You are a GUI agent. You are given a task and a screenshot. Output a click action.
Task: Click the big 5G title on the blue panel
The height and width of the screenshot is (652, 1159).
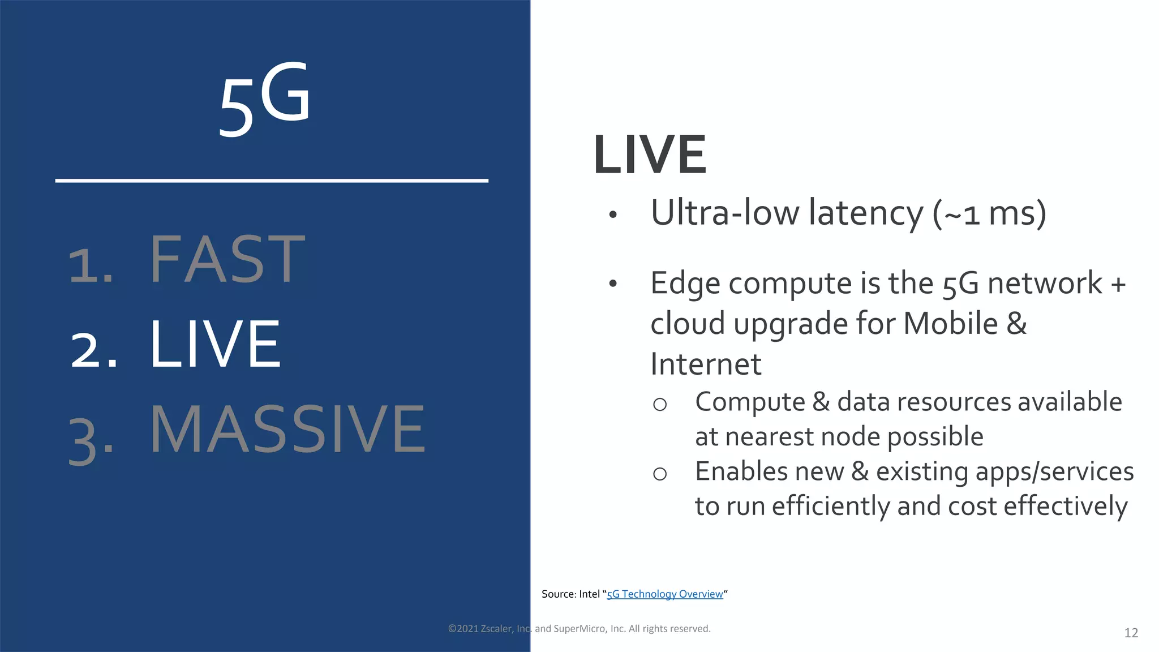point(265,100)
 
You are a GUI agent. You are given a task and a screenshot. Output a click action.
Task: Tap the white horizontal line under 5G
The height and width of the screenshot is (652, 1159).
point(272,181)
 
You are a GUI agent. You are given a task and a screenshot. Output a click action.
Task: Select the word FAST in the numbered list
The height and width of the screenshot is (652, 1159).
point(227,260)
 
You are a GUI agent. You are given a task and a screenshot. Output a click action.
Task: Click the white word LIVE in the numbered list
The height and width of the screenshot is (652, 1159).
point(215,344)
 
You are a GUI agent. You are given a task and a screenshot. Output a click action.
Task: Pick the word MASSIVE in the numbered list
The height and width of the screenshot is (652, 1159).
point(287,430)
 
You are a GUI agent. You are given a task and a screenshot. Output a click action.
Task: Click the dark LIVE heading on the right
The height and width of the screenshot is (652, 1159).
point(650,155)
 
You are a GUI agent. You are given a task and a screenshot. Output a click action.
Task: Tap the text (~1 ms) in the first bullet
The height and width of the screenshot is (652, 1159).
point(989,214)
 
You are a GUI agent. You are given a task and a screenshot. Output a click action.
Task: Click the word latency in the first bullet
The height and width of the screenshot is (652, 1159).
point(865,214)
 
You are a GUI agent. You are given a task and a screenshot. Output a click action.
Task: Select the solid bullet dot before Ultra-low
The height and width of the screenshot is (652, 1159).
point(612,215)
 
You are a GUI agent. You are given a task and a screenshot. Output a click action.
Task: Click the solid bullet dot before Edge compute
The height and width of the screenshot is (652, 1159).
point(612,284)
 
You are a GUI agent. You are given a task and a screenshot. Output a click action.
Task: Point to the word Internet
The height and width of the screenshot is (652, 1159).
point(706,364)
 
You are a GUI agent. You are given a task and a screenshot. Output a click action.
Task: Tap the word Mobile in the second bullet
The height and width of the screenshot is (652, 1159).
point(950,324)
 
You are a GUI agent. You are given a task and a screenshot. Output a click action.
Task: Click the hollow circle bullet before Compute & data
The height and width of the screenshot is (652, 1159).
point(660,404)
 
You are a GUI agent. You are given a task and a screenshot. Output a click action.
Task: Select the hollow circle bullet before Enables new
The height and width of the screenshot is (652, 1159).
point(660,474)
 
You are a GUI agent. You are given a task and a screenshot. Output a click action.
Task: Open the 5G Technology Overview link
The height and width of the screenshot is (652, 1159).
point(665,594)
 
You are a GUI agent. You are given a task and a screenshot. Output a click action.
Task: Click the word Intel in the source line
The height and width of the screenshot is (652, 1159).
point(589,594)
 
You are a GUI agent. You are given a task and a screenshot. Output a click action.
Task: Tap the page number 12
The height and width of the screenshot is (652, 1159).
point(1131,633)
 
